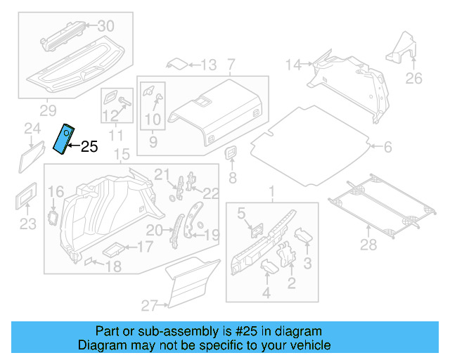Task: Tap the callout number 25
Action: point(89,147)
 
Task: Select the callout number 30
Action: point(105,26)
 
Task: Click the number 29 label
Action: point(48,110)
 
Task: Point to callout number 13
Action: point(208,65)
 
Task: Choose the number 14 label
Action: point(293,65)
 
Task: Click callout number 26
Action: point(415,78)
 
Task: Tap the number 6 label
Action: point(387,147)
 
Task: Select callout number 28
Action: point(368,245)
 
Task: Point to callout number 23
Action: point(27,224)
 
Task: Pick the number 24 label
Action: point(32,128)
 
